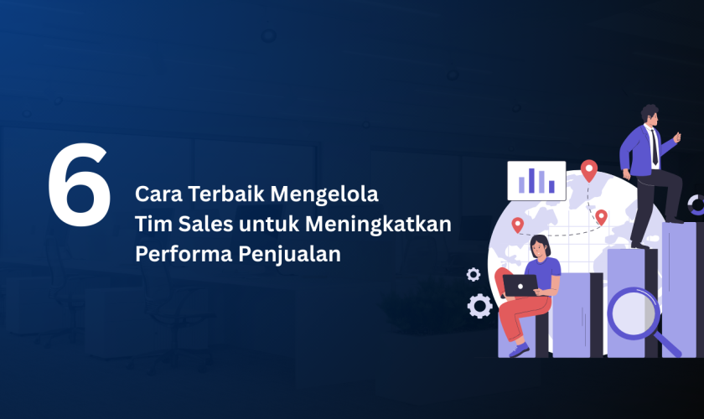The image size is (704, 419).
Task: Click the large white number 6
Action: click(x=80, y=184)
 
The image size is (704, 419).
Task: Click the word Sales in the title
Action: click(x=205, y=224)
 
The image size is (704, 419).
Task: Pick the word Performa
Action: click(x=184, y=254)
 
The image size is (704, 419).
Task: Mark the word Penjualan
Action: click(x=289, y=255)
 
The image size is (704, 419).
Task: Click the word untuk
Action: click(x=269, y=225)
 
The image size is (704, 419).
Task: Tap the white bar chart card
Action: click(x=536, y=180)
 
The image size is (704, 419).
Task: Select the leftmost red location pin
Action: click(x=518, y=225)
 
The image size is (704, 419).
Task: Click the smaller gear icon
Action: click(x=474, y=274)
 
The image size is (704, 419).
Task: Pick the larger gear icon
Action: click(x=479, y=306)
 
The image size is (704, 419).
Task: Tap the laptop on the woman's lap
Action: click(x=520, y=286)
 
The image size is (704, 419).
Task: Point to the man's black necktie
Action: click(x=655, y=147)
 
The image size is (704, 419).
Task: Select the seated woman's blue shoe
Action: click(x=520, y=349)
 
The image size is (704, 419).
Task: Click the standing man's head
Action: click(x=650, y=116)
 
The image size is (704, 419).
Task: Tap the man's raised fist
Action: click(x=676, y=137)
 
